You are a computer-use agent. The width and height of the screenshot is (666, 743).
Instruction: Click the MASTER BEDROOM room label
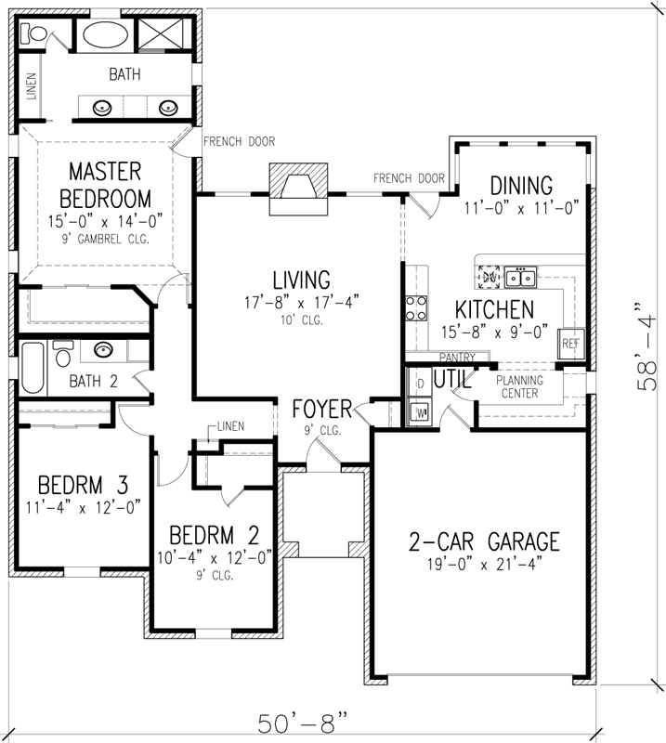coord(102,185)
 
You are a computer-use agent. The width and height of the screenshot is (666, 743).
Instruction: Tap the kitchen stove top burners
coord(416,307)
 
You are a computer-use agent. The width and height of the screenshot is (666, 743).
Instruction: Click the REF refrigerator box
coord(569,343)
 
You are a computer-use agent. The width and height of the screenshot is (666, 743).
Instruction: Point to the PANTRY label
coord(457,357)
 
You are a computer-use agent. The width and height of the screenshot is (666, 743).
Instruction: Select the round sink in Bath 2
coord(102,351)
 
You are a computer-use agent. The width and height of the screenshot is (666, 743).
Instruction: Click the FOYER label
coord(320,410)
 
